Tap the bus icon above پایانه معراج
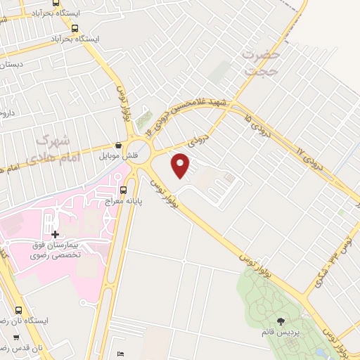point(124,189)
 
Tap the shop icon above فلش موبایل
point(117,144)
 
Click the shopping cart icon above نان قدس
point(16,337)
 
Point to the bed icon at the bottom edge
point(120,353)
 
